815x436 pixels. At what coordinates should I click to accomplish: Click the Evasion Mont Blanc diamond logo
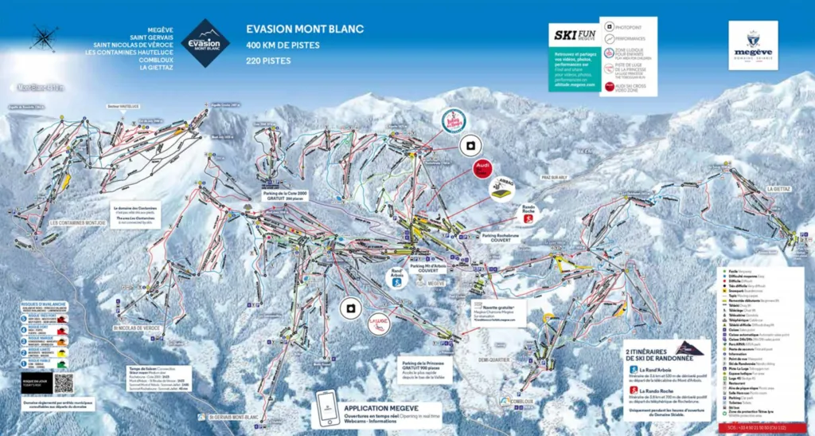click(205, 43)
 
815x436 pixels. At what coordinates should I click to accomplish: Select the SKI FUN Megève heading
click(575, 35)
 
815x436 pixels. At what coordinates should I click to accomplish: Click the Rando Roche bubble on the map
click(528, 214)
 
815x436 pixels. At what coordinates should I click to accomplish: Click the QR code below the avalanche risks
click(64, 383)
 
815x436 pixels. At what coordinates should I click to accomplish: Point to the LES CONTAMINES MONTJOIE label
click(77, 222)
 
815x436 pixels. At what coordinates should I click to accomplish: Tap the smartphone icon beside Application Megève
click(326, 410)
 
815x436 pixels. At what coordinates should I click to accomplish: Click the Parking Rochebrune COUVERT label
click(505, 240)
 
